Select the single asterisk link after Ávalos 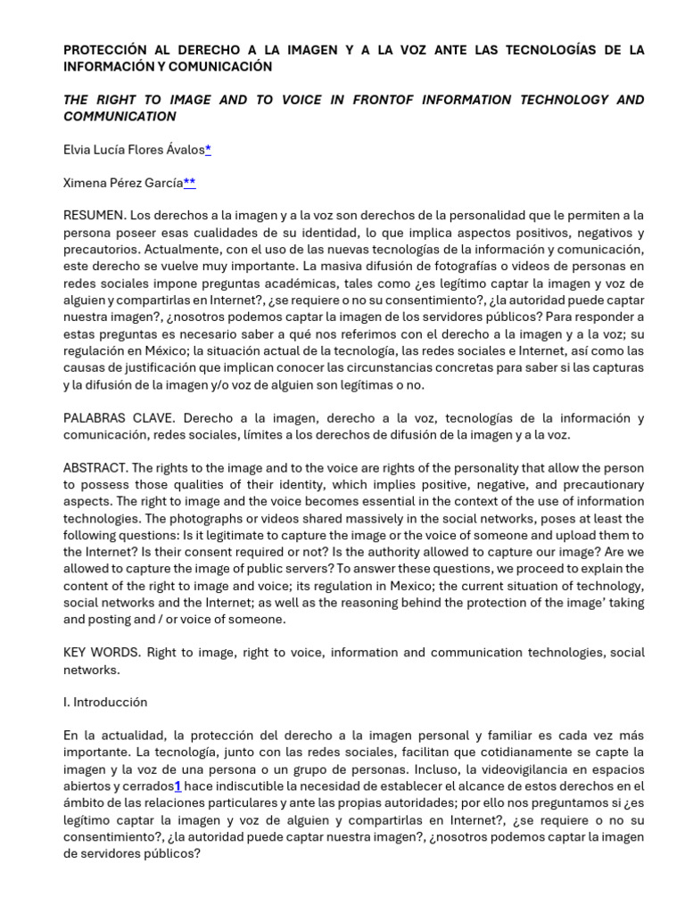208,150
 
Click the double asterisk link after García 189,183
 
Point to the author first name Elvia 78,150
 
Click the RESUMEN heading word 94,216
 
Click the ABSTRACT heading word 95,468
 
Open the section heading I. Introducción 105,703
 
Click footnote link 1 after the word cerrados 177,786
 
